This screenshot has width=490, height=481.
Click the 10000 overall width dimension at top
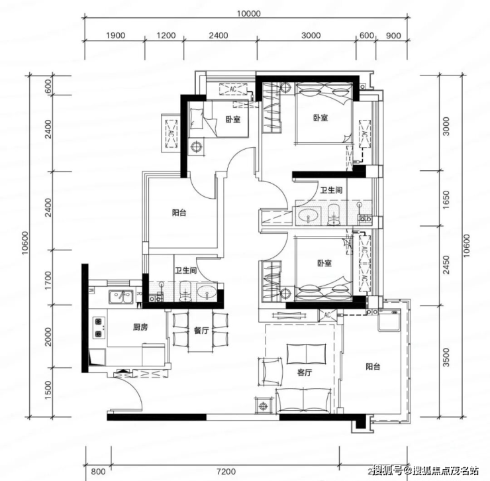tap(248, 14)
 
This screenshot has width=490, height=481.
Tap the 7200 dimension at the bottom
tap(226, 471)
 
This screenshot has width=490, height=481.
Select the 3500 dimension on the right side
tap(446, 358)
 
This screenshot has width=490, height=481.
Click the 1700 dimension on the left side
tap(48, 280)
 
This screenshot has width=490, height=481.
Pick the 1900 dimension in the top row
tap(115, 35)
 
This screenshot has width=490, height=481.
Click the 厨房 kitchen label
tap(140, 327)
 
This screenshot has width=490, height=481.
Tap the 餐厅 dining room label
tap(201, 331)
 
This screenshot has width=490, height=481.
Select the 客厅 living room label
tap(305, 372)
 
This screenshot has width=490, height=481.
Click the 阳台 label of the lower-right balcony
tap(373, 366)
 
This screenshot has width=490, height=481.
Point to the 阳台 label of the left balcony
tap(179, 213)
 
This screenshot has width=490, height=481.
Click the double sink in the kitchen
tap(121, 297)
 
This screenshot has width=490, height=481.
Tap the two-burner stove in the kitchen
tap(99, 327)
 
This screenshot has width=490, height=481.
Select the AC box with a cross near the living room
tap(328, 315)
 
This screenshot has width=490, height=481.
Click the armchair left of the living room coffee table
tap(270, 372)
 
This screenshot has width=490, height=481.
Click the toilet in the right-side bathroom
tap(334, 214)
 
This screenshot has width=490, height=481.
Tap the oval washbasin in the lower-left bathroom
tap(207, 292)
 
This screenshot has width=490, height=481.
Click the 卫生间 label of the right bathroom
tap(331, 190)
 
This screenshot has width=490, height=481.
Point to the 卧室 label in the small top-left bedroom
tap(233, 119)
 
